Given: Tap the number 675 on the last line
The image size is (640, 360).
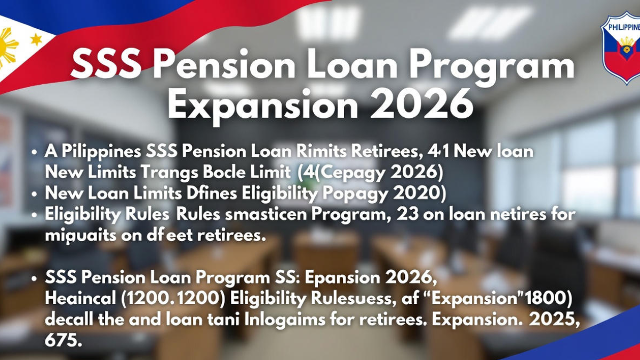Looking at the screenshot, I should coord(63,340).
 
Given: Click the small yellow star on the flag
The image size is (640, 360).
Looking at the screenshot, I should coord(36,39).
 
